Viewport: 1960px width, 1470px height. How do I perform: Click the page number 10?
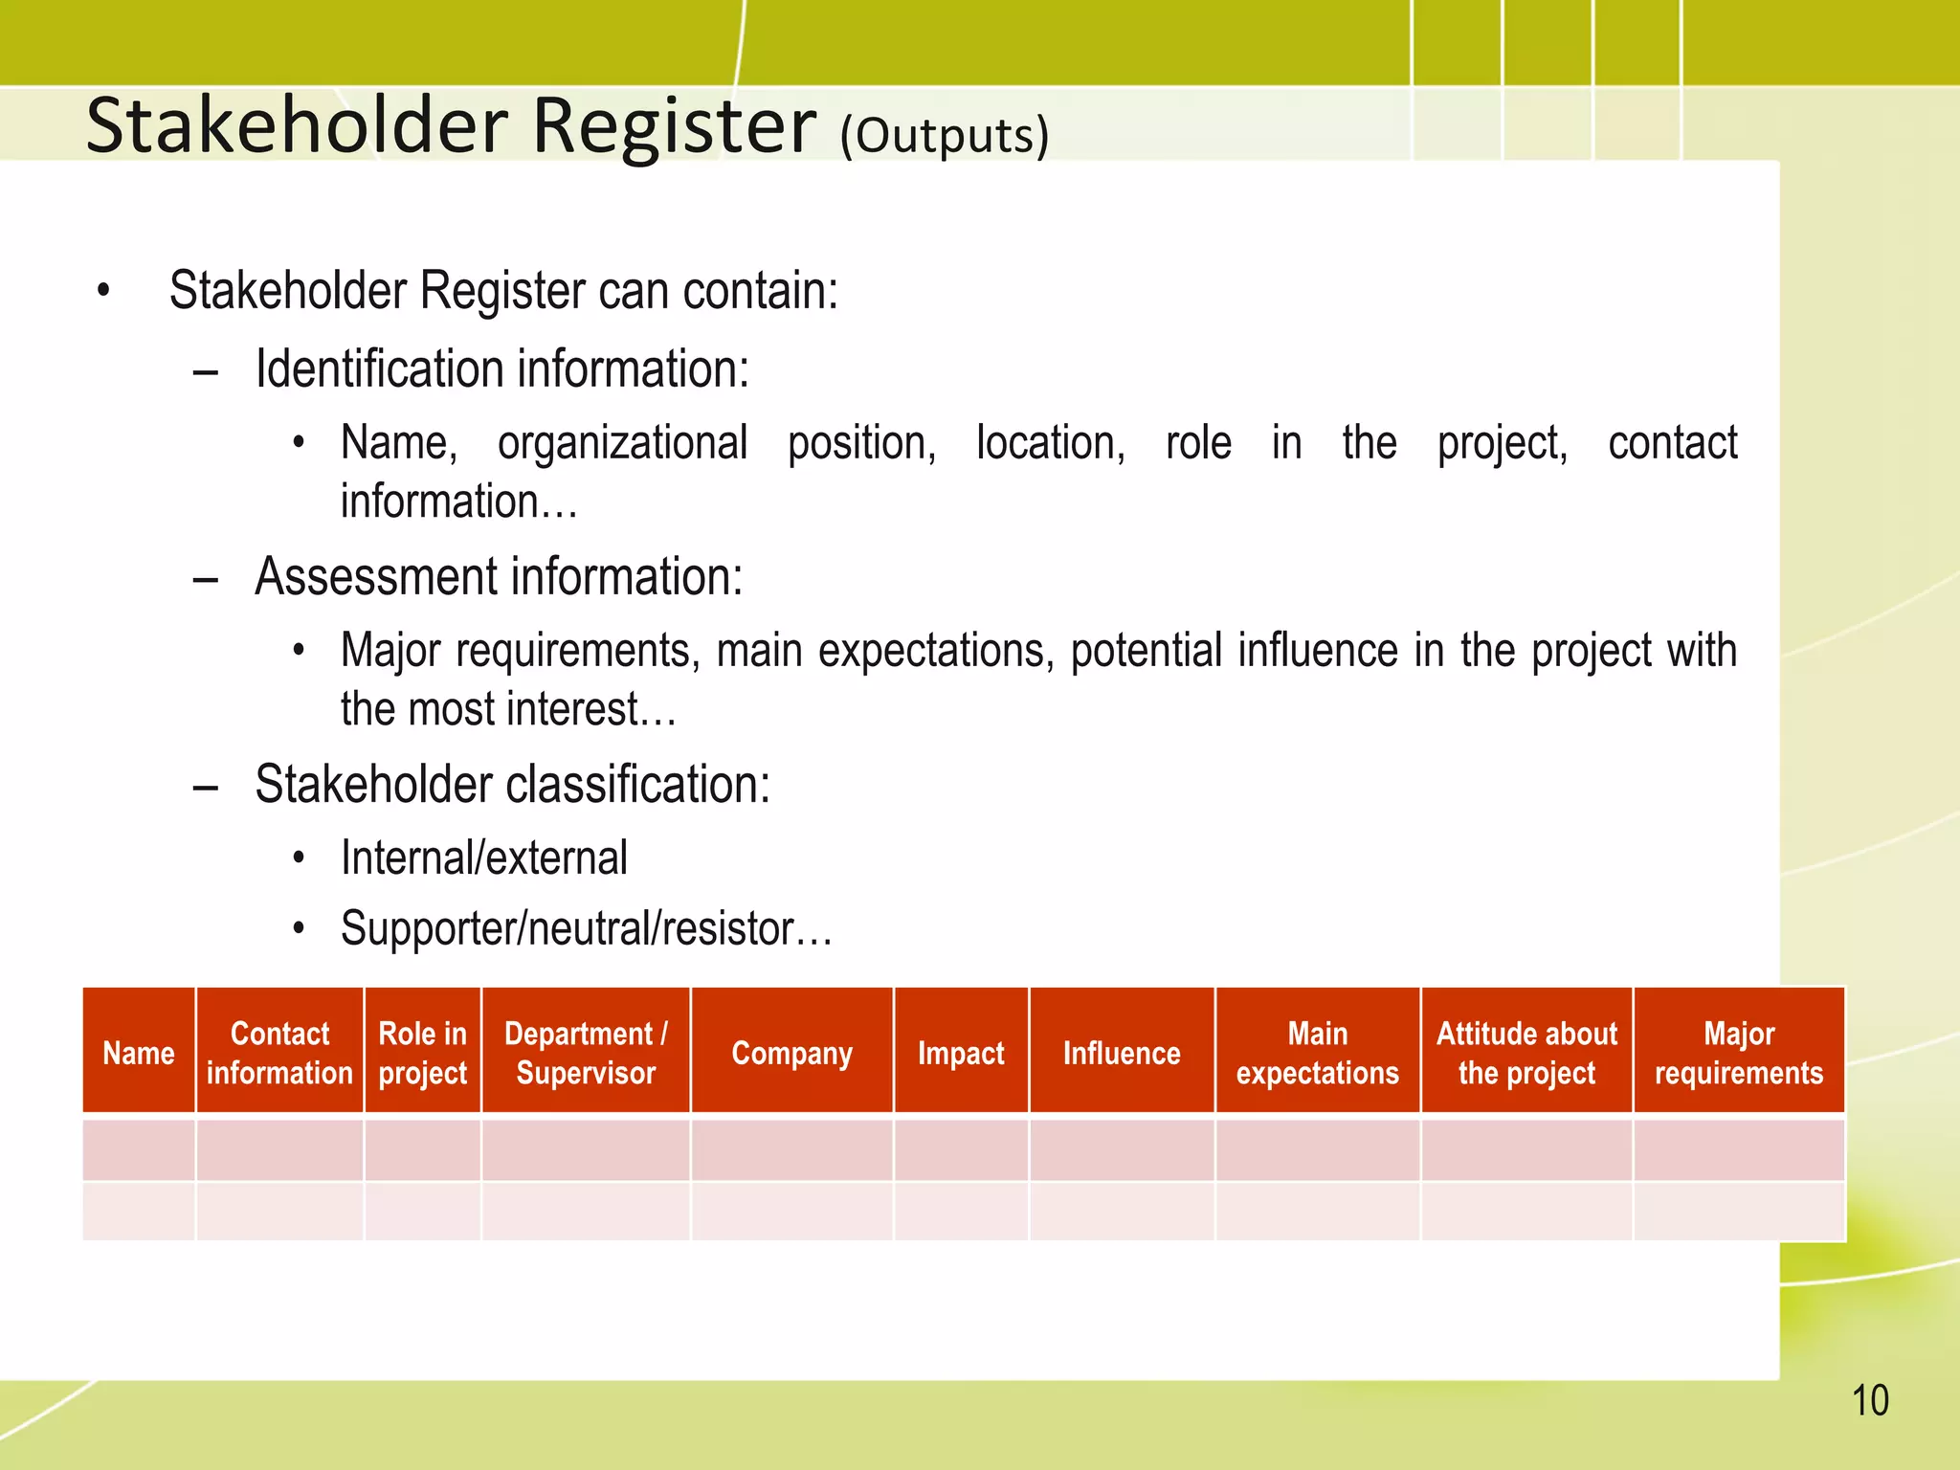click(x=1869, y=1400)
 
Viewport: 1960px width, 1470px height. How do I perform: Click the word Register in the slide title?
click(x=674, y=125)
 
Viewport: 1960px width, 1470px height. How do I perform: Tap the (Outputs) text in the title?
click(x=944, y=135)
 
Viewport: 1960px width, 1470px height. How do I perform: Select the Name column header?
click(x=139, y=1053)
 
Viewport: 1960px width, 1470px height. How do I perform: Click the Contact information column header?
click(x=279, y=1053)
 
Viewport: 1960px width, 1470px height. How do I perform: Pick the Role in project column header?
click(x=422, y=1053)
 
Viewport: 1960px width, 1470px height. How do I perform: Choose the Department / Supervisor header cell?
click(x=586, y=1053)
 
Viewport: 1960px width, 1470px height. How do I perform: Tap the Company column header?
click(x=791, y=1053)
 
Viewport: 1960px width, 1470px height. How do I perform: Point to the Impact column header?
click(x=961, y=1053)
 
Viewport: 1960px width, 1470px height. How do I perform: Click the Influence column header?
click(x=1122, y=1053)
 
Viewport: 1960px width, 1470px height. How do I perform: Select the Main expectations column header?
click(x=1317, y=1053)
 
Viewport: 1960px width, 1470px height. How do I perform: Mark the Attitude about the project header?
click(x=1526, y=1053)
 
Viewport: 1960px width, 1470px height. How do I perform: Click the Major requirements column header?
click(x=1738, y=1053)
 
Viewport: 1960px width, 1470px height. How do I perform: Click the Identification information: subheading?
click(x=501, y=369)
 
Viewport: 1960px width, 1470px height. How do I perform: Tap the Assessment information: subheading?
click(x=499, y=577)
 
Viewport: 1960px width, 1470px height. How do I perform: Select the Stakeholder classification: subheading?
click(x=512, y=785)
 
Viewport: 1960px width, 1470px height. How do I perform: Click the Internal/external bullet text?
click(x=483, y=857)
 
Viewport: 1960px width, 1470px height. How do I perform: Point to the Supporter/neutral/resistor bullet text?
click(x=586, y=928)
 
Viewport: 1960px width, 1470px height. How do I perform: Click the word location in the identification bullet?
click(x=1050, y=443)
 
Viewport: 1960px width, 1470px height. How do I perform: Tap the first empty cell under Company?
click(x=791, y=1149)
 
